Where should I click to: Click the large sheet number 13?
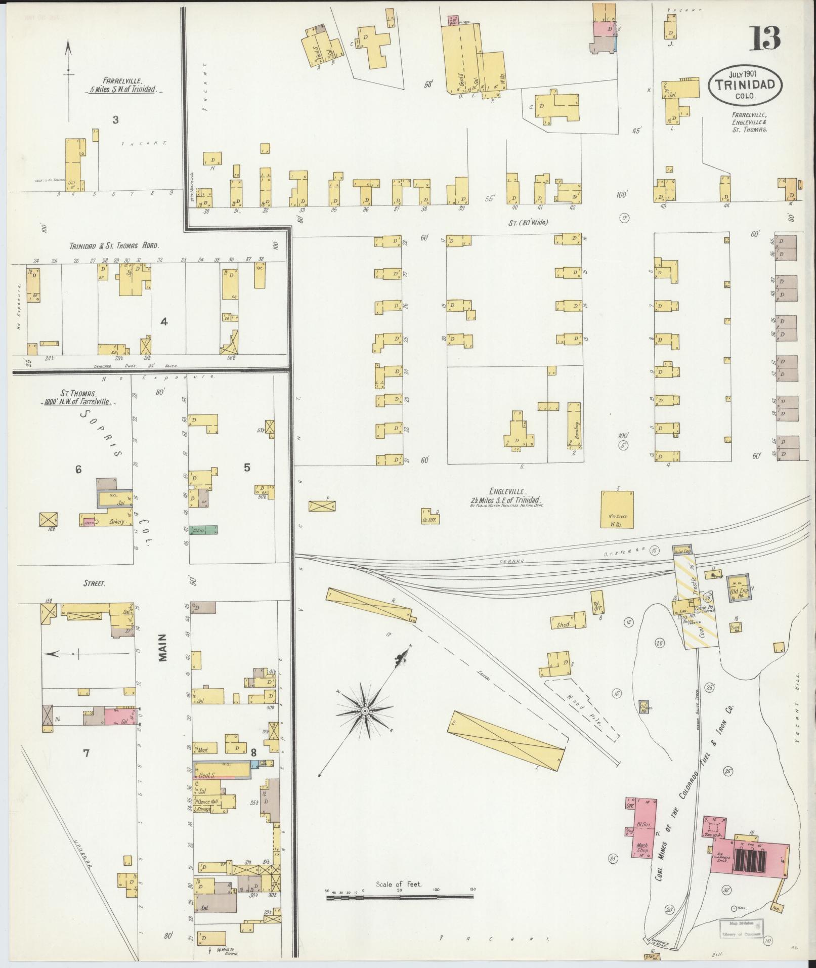[764, 38]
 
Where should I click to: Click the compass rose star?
[364, 711]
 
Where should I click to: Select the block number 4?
[163, 321]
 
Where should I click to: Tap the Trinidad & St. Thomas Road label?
[114, 245]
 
